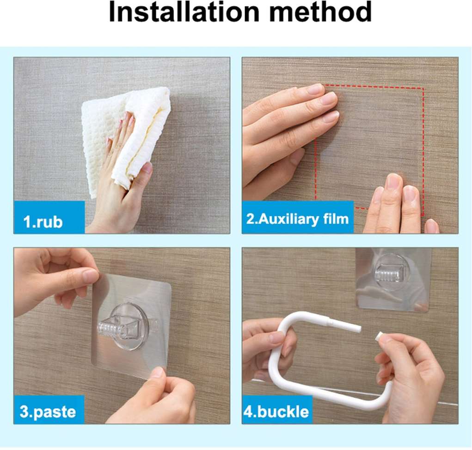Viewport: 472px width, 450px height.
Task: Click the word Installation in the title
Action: pyautogui.click(x=184, y=12)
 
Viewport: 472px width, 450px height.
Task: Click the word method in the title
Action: pyautogui.click(x=320, y=12)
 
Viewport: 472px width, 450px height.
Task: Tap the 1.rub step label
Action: pyautogui.click(x=43, y=222)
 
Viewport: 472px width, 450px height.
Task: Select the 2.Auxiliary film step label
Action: pyautogui.click(x=297, y=219)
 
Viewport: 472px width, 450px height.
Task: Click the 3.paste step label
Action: pyautogui.click(x=48, y=412)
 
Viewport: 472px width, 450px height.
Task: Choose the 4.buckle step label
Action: pyautogui.click(x=276, y=412)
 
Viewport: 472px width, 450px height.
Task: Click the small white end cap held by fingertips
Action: pyautogui.click(x=381, y=337)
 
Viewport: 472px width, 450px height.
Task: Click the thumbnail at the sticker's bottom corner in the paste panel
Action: pyautogui.click(x=158, y=373)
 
